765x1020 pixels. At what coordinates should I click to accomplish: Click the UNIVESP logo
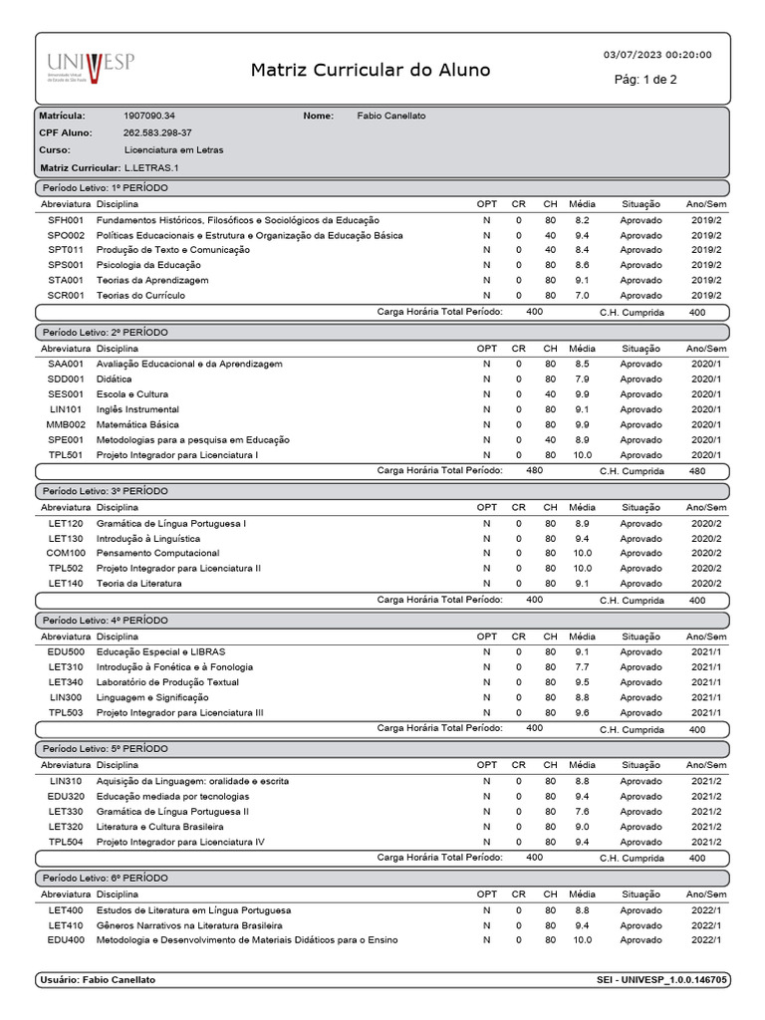[x=90, y=69]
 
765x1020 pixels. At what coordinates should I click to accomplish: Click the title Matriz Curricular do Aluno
[x=371, y=70]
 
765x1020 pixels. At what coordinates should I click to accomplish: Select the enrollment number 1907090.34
[x=148, y=116]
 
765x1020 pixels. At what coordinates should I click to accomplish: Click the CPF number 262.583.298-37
[x=157, y=132]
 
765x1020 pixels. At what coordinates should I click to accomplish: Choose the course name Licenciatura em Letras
[x=173, y=149]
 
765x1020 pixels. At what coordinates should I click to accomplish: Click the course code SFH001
[x=66, y=219]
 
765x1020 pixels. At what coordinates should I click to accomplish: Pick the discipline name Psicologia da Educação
[x=148, y=265]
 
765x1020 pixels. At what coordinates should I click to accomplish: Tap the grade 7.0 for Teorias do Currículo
[x=582, y=296]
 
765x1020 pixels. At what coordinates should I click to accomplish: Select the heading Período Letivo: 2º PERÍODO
[x=105, y=331]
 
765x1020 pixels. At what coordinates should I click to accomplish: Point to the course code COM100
[x=66, y=553]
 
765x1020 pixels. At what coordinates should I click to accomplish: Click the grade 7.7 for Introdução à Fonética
[x=582, y=666]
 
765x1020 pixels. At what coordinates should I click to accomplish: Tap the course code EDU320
[x=66, y=797]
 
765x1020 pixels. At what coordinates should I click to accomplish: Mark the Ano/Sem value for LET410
[x=706, y=924]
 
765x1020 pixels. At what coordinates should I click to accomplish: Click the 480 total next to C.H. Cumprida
[x=697, y=471]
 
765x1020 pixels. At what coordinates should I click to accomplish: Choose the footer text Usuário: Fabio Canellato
[x=98, y=980]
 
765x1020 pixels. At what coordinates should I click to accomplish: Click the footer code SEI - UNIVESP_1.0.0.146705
[x=660, y=980]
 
